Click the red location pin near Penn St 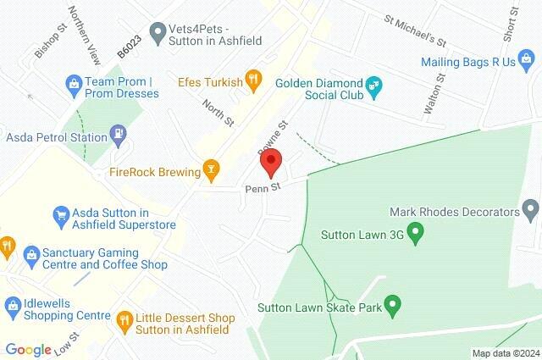point(271,161)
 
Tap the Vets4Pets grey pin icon point(157,32)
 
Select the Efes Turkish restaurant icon point(252,80)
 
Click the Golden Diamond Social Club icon point(374,85)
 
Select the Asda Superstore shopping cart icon point(61,216)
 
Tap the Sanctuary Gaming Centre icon point(31,254)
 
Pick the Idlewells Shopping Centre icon point(14,303)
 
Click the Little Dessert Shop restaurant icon point(124,320)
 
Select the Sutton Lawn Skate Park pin point(391,302)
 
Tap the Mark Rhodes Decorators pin point(531,208)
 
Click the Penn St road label point(263,187)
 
